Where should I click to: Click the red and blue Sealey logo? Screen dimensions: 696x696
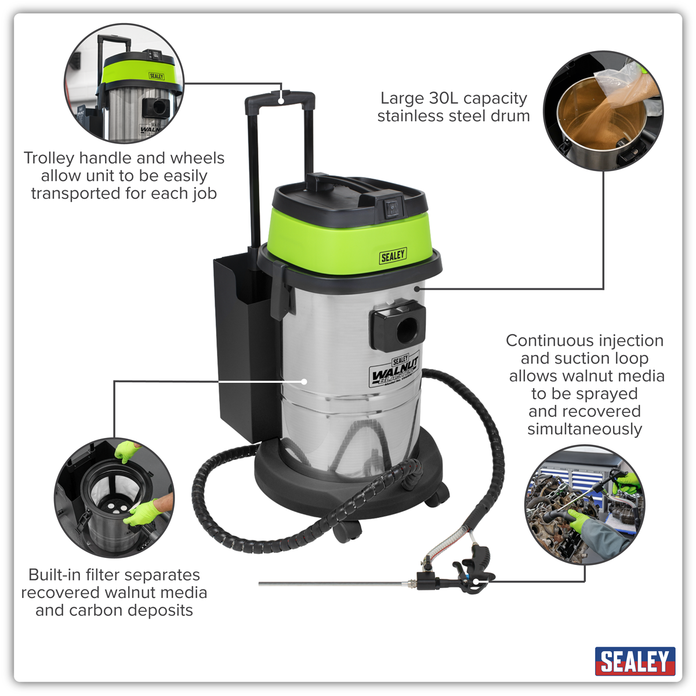point(635,661)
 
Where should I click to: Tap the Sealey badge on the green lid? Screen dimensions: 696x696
point(393,256)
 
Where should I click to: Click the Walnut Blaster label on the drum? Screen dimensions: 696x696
point(394,371)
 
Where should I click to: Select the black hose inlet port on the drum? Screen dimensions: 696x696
point(398,327)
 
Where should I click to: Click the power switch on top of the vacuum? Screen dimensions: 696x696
point(393,207)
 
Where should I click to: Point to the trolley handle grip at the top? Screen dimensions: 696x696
point(280,100)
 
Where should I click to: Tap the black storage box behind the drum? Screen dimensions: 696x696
point(245,347)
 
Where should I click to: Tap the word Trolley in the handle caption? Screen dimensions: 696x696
point(49,158)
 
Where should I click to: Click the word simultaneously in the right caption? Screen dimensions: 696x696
point(585,429)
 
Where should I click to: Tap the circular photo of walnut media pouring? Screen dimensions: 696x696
point(603,111)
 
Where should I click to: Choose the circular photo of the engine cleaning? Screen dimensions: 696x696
point(585,505)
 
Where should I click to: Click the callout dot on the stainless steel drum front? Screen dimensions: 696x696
point(304,381)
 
